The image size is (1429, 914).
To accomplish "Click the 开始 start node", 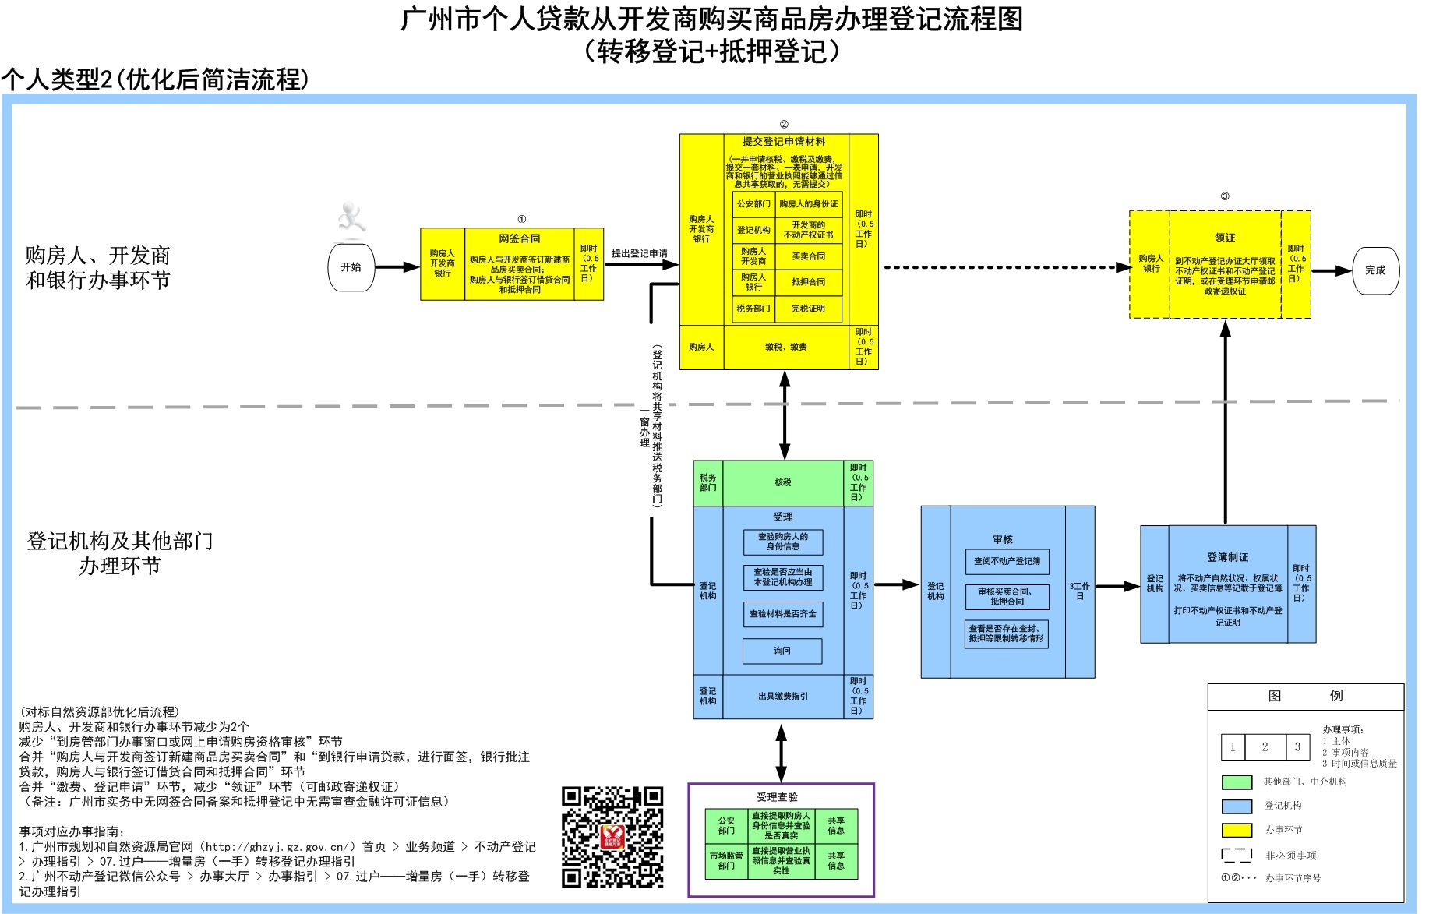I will [x=351, y=267].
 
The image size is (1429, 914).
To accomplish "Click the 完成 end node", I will [x=1375, y=270].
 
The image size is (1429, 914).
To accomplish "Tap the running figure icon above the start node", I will [x=351, y=217].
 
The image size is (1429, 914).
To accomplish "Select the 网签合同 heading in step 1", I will [x=519, y=238].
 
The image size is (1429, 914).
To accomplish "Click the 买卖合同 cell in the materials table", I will [x=808, y=256].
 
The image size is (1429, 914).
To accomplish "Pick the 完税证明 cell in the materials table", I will [x=808, y=309].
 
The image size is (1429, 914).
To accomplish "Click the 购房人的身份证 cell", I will [x=808, y=204].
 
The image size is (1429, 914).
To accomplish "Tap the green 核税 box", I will [x=783, y=483].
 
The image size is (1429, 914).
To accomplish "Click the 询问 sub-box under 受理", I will [x=782, y=651].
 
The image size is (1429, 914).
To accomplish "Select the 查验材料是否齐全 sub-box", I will [x=782, y=614].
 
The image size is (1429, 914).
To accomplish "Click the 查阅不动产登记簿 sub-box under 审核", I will [x=1007, y=561].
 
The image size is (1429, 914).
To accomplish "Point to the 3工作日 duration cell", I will [x=1080, y=591].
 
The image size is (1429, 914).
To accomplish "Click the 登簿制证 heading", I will [x=1227, y=557].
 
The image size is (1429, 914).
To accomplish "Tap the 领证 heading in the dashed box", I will [x=1224, y=238].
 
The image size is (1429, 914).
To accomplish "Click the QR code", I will [x=612, y=837].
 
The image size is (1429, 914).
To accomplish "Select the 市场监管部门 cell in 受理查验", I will [x=726, y=860].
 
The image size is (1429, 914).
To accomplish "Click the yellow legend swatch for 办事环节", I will [x=1237, y=830].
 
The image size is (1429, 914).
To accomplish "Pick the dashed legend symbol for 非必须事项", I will [x=1237, y=855].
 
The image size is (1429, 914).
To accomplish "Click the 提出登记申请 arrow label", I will [x=639, y=253].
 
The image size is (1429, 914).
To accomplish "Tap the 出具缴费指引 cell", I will [x=783, y=697].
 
